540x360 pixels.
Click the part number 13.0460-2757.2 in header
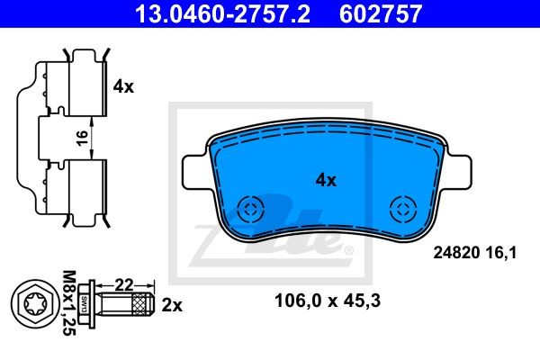tap(222, 13)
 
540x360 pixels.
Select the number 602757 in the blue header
tap(381, 13)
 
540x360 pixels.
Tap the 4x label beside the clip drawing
tap(123, 86)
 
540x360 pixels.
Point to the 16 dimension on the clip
tap(83, 138)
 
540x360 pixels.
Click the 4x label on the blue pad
tap(326, 180)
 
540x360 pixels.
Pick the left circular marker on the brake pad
tap(251, 209)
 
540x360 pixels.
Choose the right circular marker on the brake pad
tap(403, 209)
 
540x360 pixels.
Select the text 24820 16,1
tap(475, 253)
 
